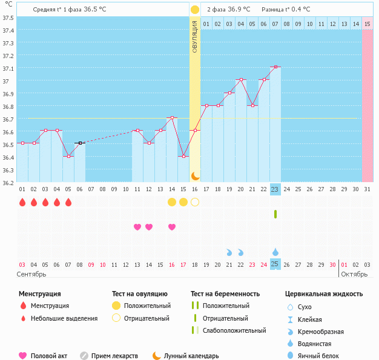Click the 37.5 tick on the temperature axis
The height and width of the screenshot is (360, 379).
coord(8,18)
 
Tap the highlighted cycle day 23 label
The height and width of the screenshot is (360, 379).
coord(275,189)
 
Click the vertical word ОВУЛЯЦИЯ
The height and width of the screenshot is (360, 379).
coord(195,36)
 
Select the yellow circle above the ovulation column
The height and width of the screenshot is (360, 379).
coord(195,10)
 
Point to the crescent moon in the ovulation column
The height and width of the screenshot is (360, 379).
coord(195,175)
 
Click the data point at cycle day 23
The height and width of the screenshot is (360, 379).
coord(275,67)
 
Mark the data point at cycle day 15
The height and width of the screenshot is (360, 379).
coord(183,156)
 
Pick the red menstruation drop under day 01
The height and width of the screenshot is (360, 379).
coord(22,202)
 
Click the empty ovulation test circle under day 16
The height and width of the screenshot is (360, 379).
coord(195,202)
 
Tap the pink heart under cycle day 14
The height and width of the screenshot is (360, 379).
coord(172,227)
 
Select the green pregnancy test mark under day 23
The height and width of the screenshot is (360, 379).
coord(275,214)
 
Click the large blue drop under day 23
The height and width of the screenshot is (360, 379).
coord(275,252)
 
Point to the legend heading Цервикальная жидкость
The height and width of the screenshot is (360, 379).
coord(324,294)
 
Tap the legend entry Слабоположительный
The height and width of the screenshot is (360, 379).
coord(234,330)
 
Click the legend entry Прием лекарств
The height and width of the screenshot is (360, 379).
coord(114,356)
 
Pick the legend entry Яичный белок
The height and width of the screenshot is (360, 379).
coord(322,356)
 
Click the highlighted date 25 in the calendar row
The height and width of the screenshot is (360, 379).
coord(275,264)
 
